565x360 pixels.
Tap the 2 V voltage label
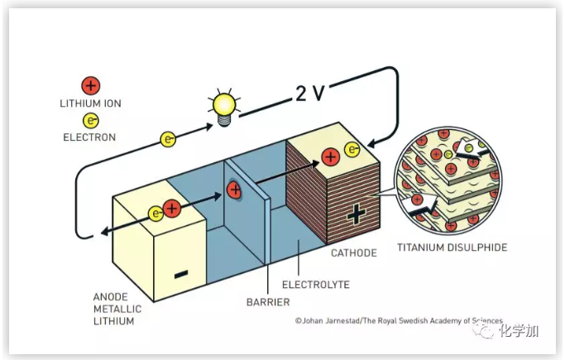coord(313,93)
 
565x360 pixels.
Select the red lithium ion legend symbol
coord(90,85)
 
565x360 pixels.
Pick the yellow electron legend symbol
coord(90,119)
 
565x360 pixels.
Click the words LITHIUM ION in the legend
coord(90,104)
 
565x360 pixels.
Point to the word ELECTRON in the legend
coord(89,137)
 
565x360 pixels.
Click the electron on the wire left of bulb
coord(167,138)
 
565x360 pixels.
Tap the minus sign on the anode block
coord(181,274)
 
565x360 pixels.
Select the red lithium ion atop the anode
coord(171,209)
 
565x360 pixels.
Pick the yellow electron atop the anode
coord(156,214)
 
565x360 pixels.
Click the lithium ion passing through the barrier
coord(234,190)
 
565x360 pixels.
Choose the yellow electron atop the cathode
coord(353,150)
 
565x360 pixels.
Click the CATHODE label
coord(354,253)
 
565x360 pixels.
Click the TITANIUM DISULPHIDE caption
coord(452,247)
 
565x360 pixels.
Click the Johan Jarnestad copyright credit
coord(398,321)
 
